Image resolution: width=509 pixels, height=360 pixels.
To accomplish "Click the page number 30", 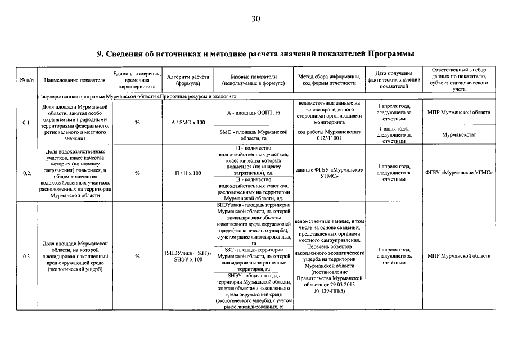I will point(255,19).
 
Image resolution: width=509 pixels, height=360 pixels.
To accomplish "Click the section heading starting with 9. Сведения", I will point(255,54).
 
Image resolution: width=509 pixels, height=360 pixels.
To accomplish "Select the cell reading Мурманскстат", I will point(458,135).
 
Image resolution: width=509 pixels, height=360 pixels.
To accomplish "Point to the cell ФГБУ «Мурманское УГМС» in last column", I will point(458,173).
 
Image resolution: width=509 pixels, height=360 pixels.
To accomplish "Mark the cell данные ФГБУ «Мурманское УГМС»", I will point(328,173).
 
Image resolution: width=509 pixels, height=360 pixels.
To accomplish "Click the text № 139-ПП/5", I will point(328,291).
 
